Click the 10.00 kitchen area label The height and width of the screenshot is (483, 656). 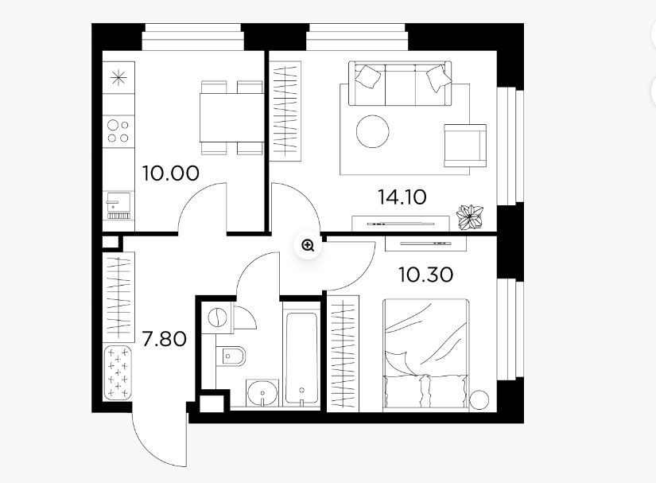[x=169, y=172]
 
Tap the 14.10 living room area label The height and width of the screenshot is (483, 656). [x=402, y=197]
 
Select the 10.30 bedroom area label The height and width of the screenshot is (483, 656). [x=425, y=275]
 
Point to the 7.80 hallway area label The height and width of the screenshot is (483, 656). [x=165, y=340]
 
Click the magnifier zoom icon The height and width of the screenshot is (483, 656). [x=308, y=246]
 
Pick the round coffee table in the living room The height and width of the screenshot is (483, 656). [x=373, y=130]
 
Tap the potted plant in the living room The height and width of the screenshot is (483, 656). [x=470, y=216]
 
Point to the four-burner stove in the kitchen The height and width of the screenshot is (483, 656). [x=118, y=130]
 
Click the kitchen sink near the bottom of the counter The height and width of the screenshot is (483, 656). [x=118, y=204]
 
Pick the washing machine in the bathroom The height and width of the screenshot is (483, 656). [x=216, y=318]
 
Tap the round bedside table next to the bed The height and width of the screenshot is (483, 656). [x=480, y=399]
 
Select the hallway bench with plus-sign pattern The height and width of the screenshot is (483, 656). [x=118, y=373]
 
